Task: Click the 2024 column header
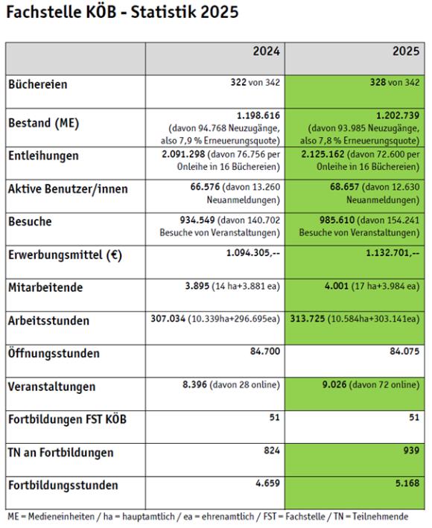266,51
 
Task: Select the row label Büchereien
37,84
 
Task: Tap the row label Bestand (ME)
44,122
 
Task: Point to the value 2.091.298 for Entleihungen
185,156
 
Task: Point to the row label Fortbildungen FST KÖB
67,419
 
